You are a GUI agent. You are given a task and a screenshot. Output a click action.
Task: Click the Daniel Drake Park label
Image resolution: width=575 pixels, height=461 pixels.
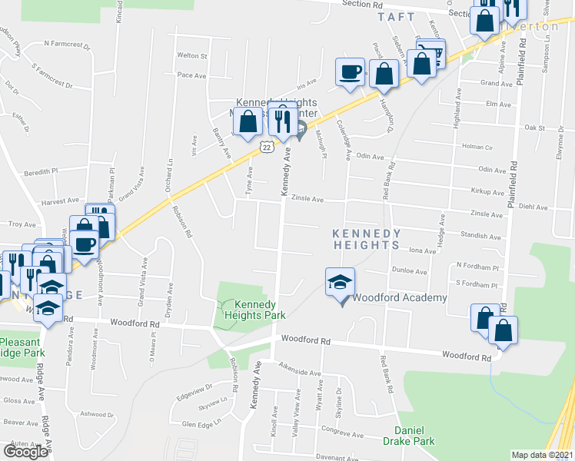[415, 436]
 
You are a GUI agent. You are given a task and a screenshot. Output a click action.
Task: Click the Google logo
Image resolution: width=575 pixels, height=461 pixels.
[25, 451]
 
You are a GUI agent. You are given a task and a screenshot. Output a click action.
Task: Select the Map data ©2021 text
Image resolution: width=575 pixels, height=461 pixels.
[543, 455]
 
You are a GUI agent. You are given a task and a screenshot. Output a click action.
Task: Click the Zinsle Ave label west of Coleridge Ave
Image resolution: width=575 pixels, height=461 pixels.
[306, 199]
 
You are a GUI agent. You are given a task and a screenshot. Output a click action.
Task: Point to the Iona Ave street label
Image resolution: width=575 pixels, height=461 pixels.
[422, 250]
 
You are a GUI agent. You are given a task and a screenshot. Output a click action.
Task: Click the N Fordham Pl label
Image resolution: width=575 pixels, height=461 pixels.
[477, 265]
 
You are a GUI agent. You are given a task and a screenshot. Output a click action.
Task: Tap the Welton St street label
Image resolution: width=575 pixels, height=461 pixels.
[192, 56]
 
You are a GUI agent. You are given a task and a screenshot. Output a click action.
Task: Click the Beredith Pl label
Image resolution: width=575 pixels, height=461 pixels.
[41, 171]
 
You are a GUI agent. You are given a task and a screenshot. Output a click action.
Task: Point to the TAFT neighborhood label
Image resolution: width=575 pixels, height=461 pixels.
[397, 16]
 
